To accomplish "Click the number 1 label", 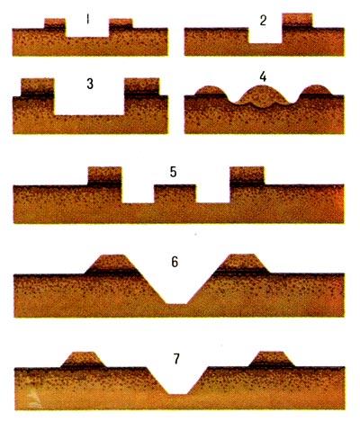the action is tap(87, 20).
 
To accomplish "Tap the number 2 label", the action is tap(263, 21).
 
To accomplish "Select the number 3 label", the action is tap(90, 85).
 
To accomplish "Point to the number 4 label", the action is tap(263, 76).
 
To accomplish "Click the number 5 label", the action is tap(173, 173).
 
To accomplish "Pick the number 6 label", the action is tap(175, 262).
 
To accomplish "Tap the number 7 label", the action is tap(176, 359).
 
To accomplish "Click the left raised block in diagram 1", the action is tap(55, 23).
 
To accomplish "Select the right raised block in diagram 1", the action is tap(121, 23).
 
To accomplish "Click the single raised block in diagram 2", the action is tap(297, 21).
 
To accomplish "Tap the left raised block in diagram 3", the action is tap(38, 87).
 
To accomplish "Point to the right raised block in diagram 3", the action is tap(141, 87).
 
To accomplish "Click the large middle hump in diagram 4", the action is tap(263, 96).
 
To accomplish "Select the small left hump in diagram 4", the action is tap(210, 91).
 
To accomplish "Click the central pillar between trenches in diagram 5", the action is tap(175, 194).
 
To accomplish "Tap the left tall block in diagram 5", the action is tap(104, 176).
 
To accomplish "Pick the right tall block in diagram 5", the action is tap(247, 176).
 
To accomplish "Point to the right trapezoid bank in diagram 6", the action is tap(242, 264).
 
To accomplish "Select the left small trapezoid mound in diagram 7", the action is tap(84, 360).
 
